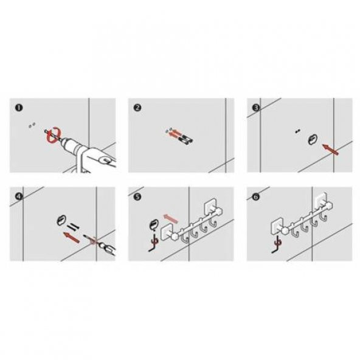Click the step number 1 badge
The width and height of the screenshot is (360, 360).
tap(19, 108)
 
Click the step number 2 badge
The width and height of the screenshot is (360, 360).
tap(137, 108)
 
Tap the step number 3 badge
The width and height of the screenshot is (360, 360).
tap(256, 108)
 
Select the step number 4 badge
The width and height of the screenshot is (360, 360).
tap(19, 196)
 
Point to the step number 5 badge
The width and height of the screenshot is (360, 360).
tap(137, 197)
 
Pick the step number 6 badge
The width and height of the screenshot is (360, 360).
tap(256, 197)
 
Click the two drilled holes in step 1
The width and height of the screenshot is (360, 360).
tap(32, 125)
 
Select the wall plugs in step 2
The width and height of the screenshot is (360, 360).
tap(185, 140)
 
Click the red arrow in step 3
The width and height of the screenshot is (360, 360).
tap(330, 149)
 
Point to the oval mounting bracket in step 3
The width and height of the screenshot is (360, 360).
tap(312, 140)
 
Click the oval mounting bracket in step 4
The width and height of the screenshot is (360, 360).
tap(61, 221)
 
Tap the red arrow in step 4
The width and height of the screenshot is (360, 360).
tap(71, 237)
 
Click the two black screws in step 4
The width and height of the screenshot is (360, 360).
tap(73, 227)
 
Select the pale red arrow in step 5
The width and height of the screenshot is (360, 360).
tap(170, 218)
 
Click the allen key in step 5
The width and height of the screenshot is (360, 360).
tap(153, 244)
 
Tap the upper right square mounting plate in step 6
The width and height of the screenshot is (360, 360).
tap(321, 198)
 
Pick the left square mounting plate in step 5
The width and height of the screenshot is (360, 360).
tap(166, 232)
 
